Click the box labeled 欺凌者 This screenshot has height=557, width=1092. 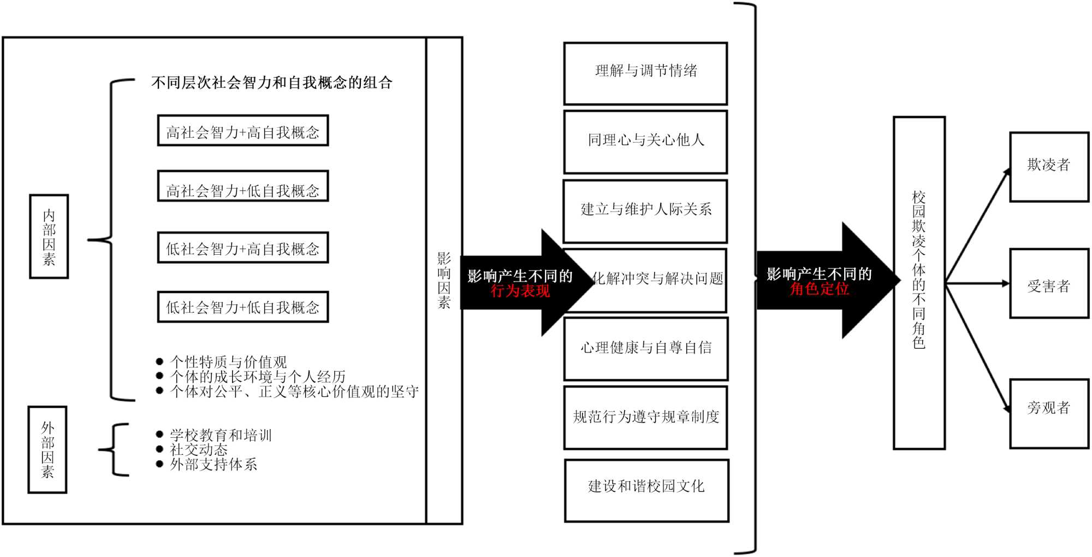point(1048,166)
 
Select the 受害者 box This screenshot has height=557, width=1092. point(1048,283)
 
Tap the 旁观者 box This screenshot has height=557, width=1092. point(1048,413)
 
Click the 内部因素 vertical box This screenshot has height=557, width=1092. point(49,236)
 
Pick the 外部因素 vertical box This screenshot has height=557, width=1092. point(48,449)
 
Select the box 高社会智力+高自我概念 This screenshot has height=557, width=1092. point(242,131)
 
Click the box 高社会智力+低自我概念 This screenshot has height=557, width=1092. point(242,186)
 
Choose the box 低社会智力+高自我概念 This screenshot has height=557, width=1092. point(242,248)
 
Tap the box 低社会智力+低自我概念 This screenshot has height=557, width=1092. point(242,307)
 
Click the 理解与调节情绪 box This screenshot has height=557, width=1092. point(645,73)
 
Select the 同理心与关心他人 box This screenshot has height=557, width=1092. point(645,142)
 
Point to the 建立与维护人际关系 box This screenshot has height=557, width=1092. point(645,211)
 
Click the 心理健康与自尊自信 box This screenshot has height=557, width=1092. point(645,349)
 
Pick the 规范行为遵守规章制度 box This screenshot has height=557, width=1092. point(645,418)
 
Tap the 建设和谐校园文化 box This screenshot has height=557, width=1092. point(646,490)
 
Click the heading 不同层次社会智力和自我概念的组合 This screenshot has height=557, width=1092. point(271,83)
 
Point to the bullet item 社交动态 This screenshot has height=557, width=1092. point(199,450)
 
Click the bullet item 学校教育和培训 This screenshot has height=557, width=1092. point(221,435)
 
